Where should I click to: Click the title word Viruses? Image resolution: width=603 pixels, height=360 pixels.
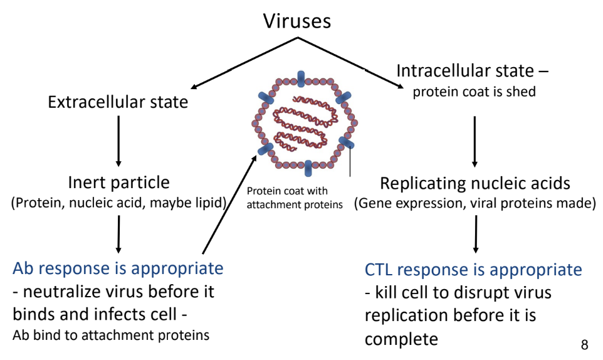point(297,21)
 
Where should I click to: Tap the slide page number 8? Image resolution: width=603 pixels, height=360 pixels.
point(585,344)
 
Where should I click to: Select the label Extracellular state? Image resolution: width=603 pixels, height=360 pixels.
point(118,102)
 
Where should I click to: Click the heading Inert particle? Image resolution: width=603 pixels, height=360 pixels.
point(118,183)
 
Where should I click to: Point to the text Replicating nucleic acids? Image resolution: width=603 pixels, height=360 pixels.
point(475,183)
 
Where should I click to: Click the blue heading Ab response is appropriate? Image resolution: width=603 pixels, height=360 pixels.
point(118,268)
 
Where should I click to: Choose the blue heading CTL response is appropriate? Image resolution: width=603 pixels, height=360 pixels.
point(473,269)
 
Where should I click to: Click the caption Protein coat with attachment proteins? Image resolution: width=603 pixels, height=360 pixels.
point(295,198)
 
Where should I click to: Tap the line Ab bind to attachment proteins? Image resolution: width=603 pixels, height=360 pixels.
point(111,335)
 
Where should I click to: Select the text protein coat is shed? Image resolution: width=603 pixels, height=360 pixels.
point(474,92)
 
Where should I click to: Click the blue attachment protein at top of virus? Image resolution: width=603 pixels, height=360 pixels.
point(301,79)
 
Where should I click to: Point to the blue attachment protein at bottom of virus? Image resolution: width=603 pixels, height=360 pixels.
point(308,169)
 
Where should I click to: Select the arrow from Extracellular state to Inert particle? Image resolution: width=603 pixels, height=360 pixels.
point(118,141)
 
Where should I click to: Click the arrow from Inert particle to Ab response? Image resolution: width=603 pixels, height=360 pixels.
point(118,234)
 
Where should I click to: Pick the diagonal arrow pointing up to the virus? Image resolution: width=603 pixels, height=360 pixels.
point(229,204)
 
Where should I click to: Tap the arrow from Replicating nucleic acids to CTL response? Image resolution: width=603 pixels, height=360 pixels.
point(476,234)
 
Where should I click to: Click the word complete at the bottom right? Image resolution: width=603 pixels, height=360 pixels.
point(401,339)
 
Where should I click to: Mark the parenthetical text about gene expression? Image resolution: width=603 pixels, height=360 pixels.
point(475,203)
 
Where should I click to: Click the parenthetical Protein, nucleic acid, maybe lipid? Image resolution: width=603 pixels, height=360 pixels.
point(119,203)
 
